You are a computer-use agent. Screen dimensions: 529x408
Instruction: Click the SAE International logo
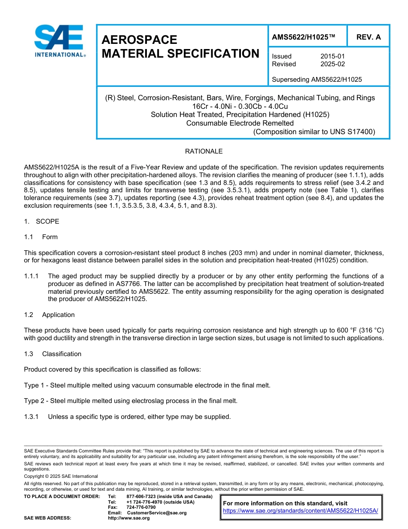coord(59,41)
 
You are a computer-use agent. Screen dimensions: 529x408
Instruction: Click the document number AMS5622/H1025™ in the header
coord(303,37)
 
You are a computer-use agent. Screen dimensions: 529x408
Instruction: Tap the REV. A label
coord(368,37)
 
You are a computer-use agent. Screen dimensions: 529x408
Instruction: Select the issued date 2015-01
coord(332,56)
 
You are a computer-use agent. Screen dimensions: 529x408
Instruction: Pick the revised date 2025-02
coord(332,64)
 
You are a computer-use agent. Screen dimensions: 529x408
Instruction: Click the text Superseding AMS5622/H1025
coord(317,80)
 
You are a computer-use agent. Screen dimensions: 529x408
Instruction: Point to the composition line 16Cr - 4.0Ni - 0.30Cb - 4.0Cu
coord(240,106)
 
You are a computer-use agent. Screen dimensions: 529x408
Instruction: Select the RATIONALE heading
coord(204,151)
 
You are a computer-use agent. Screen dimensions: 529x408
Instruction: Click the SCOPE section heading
coord(47,221)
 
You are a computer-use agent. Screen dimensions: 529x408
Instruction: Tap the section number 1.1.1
coord(31,276)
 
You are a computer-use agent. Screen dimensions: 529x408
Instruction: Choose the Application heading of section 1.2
coord(58,315)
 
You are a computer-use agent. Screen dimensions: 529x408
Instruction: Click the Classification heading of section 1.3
coord(61,354)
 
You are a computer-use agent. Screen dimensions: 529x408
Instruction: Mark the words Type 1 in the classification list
coord(33,385)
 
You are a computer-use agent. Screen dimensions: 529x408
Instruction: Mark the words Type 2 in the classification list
coord(33,401)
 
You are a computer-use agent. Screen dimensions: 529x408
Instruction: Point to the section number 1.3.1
coord(31,416)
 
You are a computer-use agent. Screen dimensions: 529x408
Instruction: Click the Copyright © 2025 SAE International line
coord(61,476)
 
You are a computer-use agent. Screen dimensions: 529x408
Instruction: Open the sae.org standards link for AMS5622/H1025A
coord(300,511)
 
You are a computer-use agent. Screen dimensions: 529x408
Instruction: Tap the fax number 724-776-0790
coord(141,507)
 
